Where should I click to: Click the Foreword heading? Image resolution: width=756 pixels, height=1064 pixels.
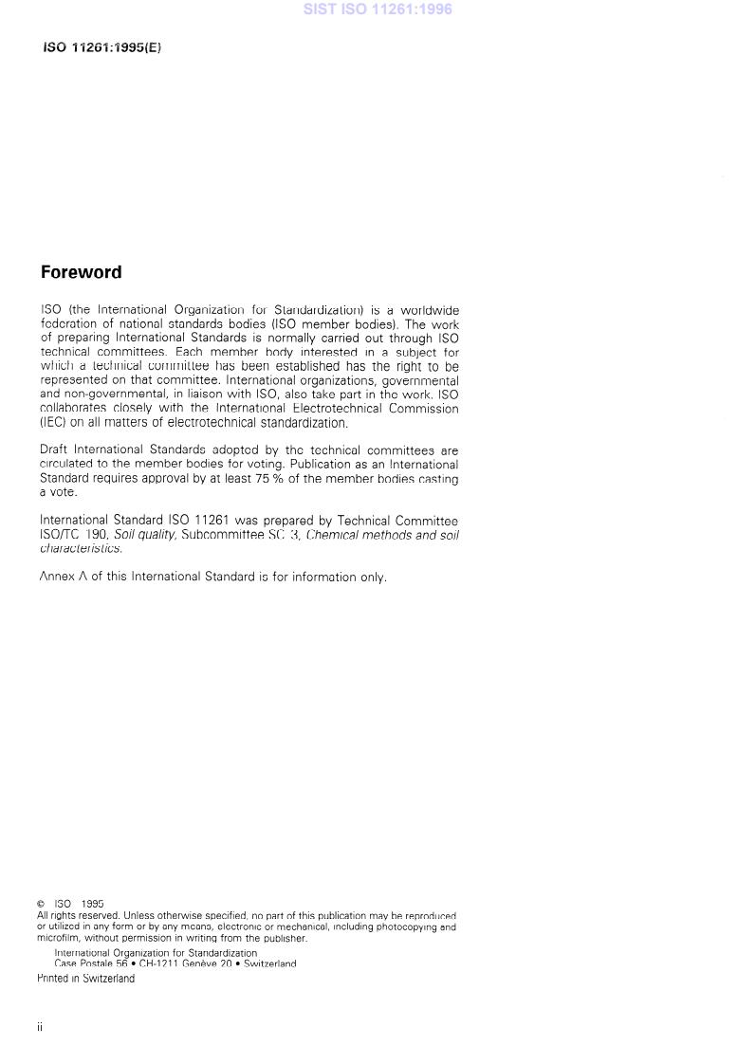[x=81, y=272]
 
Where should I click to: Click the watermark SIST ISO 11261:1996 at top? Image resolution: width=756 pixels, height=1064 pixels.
[x=378, y=9]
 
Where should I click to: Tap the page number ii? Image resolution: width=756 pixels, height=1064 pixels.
[x=41, y=1026]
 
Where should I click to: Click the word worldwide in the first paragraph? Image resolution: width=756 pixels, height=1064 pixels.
[x=430, y=310]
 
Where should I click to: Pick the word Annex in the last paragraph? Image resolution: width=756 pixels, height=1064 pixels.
[x=58, y=577]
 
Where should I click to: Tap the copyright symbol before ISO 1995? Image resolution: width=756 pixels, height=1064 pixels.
[x=41, y=905]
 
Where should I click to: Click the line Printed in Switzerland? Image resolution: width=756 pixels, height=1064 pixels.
[x=86, y=979]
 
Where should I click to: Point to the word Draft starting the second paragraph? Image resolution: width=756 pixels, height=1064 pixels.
[x=54, y=450]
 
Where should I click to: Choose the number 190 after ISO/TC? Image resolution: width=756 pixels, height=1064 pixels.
[x=97, y=535]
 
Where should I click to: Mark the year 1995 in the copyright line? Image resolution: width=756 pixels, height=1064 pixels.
[x=93, y=905]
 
